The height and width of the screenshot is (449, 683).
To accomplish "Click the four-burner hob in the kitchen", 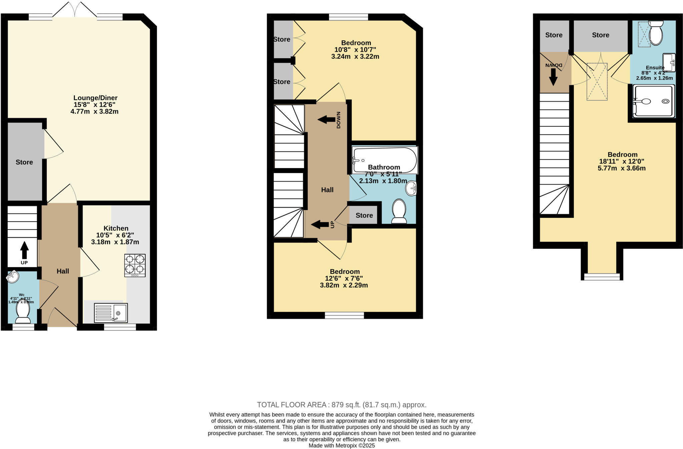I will tap(135, 265).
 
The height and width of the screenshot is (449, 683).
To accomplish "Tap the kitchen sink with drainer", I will tap(111, 313).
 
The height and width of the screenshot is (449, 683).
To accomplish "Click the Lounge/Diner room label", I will tap(95, 98).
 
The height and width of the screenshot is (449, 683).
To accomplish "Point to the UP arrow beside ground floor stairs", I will tap(24, 251).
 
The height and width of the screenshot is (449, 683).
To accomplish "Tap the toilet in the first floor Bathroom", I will tap(399, 210).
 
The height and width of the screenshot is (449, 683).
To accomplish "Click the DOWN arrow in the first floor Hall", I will tap(326, 119).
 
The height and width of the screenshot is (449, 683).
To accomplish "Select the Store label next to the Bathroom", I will tap(364, 215).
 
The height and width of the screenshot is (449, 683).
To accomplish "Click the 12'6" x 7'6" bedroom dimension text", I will tap(344, 279).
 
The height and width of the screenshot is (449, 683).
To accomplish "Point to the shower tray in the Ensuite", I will tap(653, 101).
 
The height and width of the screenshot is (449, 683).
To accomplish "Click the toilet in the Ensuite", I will tap(656, 33).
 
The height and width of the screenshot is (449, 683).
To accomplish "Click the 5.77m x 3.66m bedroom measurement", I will tap(622, 168).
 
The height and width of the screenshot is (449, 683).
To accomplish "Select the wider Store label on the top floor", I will tap(600, 35).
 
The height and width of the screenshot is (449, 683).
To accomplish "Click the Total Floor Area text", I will tap(341, 405).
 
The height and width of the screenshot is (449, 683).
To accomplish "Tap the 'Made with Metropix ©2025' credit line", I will tap(341, 446).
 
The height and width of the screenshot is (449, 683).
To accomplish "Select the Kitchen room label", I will tap(116, 228).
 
